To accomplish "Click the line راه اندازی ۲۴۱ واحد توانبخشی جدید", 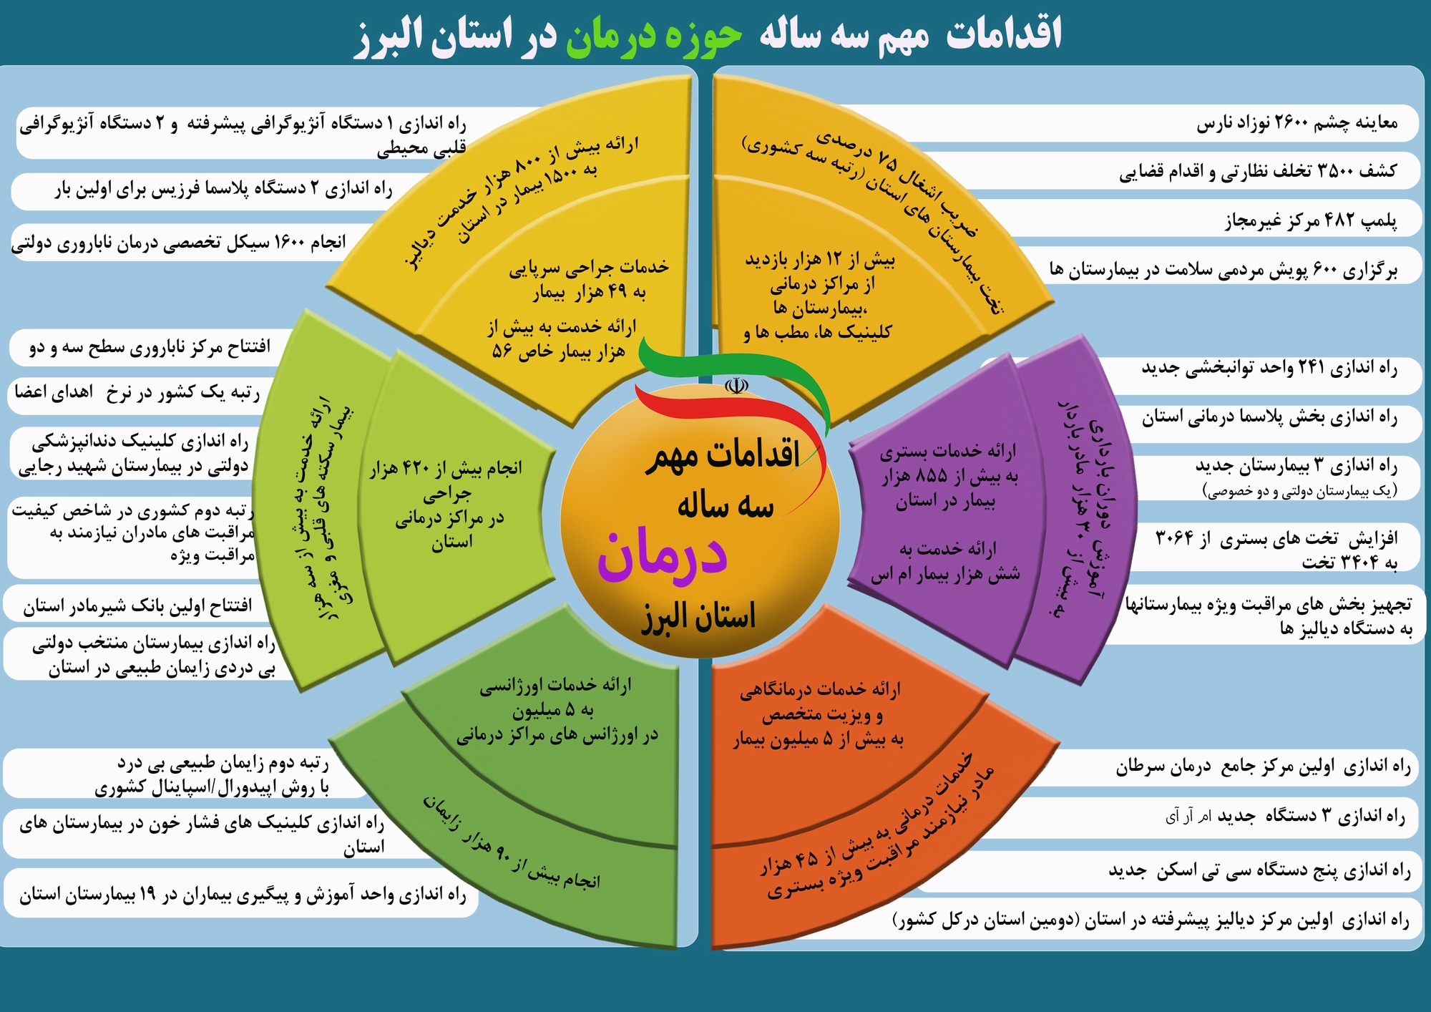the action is point(1269,369).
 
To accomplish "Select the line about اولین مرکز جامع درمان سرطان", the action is point(1263,767).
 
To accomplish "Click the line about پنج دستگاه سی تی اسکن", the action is point(1259,870).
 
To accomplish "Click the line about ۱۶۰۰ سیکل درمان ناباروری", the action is point(178,243).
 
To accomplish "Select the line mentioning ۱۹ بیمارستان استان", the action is point(243,895).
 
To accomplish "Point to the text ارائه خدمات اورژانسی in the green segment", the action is point(555,686).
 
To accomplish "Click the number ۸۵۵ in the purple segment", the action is point(931,475).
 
